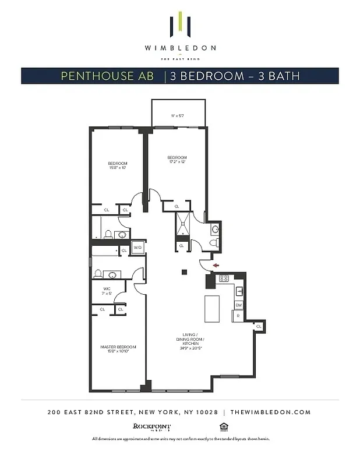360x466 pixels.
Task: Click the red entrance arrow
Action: [x=216, y=265]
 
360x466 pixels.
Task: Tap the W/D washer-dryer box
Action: [x=138, y=248]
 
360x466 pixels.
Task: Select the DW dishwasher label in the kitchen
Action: [x=238, y=305]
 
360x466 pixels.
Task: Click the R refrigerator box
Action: [x=238, y=316]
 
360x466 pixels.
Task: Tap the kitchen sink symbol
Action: [x=239, y=291]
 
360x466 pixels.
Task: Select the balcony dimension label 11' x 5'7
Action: [x=178, y=116]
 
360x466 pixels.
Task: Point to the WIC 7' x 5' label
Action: [x=107, y=291]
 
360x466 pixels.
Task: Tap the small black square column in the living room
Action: [x=184, y=271]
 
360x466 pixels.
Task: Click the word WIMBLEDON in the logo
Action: [x=180, y=48]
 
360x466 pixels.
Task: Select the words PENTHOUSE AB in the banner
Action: [x=108, y=76]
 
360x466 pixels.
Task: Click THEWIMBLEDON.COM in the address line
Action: [x=270, y=412]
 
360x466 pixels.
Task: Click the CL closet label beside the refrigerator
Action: [x=258, y=326]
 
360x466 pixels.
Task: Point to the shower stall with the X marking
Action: [x=182, y=224]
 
